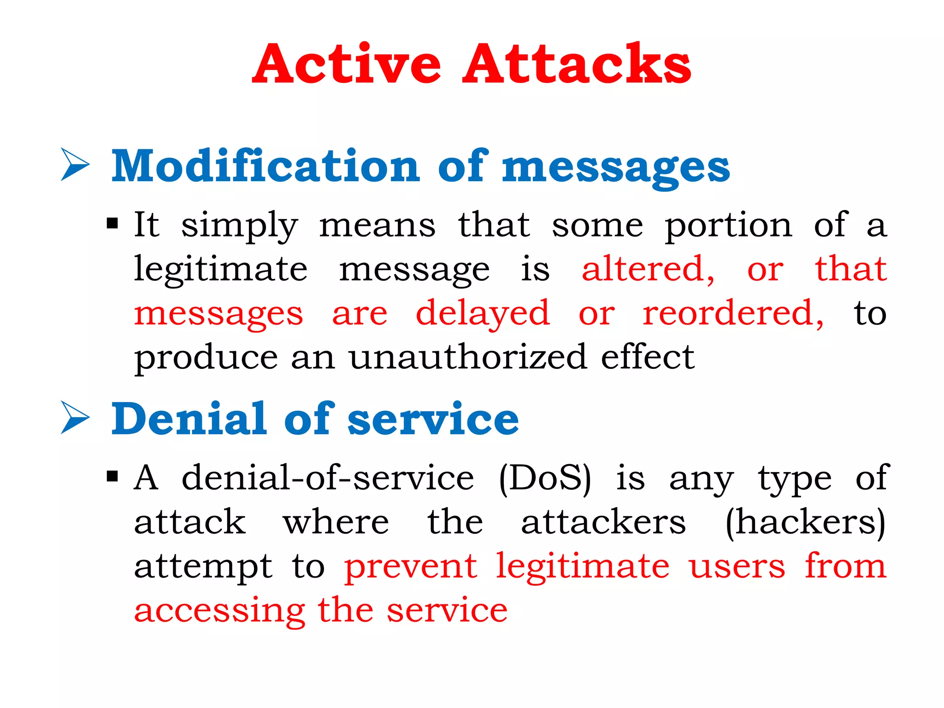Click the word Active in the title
tap(347, 65)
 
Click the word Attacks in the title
tap(577, 65)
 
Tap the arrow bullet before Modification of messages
tap(75, 165)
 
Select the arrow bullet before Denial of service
tap(75, 417)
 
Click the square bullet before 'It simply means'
tap(112, 224)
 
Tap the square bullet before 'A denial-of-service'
tap(112, 476)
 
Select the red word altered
tap(648, 269)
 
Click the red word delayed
tap(483, 313)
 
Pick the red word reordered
tap(733, 313)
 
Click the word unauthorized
tap(467, 357)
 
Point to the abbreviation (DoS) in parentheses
tap(545, 478)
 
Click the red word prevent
tap(411, 567)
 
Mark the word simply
tap(239, 226)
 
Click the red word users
tap(737, 567)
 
